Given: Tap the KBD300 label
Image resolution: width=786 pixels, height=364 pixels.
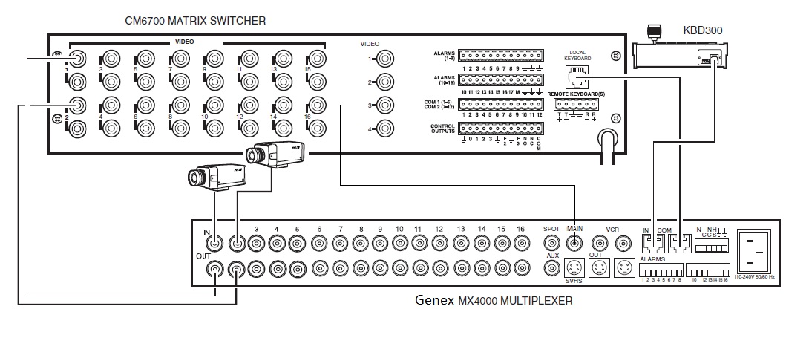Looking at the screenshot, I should pyautogui.click(x=702, y=31).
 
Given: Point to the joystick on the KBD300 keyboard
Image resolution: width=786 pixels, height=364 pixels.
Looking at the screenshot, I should pyautogui.click(x=654, y=33).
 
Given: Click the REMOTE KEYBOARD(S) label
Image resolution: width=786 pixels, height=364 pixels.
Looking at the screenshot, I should pyautogui.click(x=577, y=94).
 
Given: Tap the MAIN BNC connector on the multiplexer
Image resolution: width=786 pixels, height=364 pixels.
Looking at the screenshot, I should pyautogui.click(x=574, y=242).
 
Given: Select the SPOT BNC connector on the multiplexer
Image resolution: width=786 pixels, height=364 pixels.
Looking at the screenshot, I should pyautogui.click(x=551, y=242).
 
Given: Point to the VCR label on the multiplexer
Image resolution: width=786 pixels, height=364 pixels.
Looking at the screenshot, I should pyautogui.click(x=612, y=230).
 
